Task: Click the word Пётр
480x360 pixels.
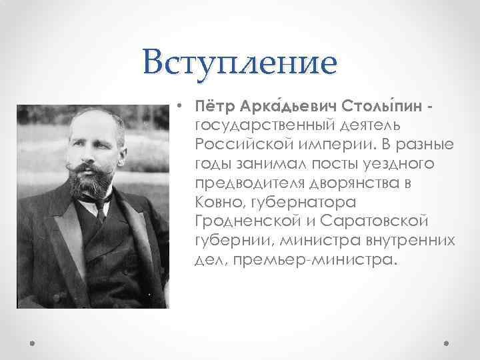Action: point(211,107)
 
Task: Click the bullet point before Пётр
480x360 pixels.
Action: point(180,106)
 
